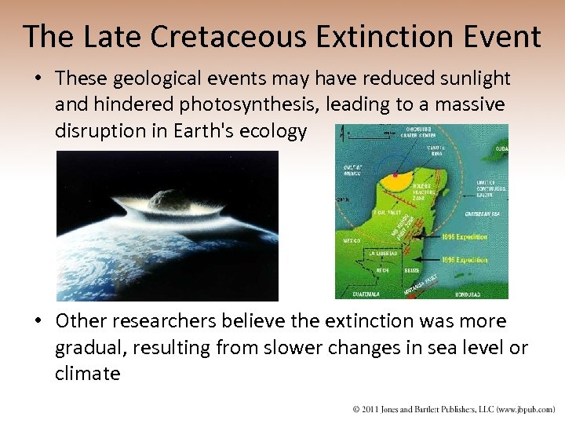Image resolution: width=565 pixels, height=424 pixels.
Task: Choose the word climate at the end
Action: [88, 373]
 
